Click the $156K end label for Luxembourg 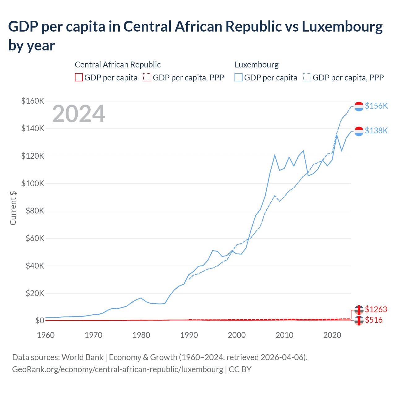pyautogui.click(x=376, y=106)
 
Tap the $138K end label pyautogui.click(x=376, y=131)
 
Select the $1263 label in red pyautogui.click(x=376, y=309)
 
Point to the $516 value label pyautogui.click(x=374, y=320)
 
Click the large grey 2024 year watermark pyautogui.click(x=79, y=114)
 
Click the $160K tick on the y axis pyautogui.click(x=33, y=101)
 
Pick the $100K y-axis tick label pyautogui.click(x=33, y=183)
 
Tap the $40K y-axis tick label pyautogui.click(x=35, y=266)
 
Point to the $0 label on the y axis pyautogui.click(x=40, y=321)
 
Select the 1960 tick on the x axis pyautogui.click(x=46, y=335)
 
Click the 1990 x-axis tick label pyautogui.click(x=189, y=335)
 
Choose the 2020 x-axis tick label pyautogui.click(x=332, y=335)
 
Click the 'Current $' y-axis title pyautogui.click(x=13, y=208)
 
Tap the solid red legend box pyautogui.click(x=79, y=77)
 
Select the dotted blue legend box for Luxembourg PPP pyautogui.click(x=307, y=77)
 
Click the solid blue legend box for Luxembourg pyautogui.click(x=239, y=77)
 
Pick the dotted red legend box pyautogui.click(x=148, y=77)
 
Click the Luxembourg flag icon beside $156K pyautogui.click(x=359, y=106)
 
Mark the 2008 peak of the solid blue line pyautogui.click(x=275, y=155)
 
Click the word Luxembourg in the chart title pyautogui.click(x=342, y=27)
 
